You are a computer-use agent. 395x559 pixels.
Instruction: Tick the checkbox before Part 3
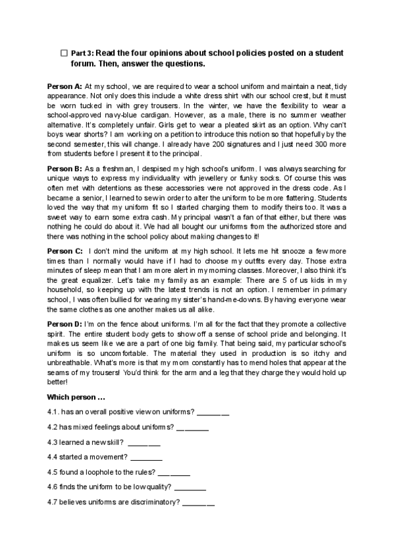tap(63, 52)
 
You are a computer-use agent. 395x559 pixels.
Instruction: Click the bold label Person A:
tap(65, 86)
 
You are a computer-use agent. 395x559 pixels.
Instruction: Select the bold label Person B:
tap(65, 169)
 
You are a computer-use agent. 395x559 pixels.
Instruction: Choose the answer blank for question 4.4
tap(147, 458)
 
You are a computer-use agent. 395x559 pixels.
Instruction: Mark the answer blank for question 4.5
tap(174, 473)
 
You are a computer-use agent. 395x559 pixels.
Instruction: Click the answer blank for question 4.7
tap(198, 504)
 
